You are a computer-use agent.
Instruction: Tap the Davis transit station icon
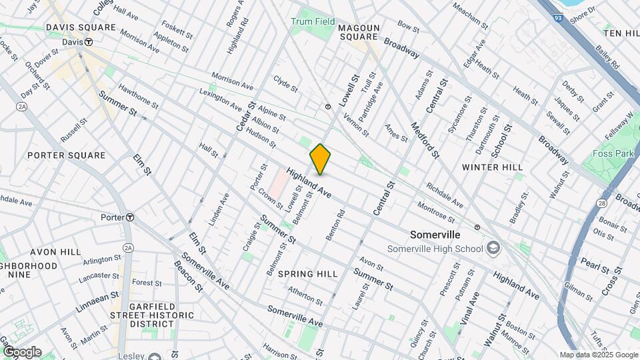(88, 42)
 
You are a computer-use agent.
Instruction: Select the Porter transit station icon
(131, 217)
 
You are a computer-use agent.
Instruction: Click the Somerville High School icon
(493, 249)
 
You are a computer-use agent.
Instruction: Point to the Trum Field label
(313, 21)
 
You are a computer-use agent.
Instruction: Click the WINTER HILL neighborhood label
(492, 167)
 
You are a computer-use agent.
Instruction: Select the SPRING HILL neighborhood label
(307, 274)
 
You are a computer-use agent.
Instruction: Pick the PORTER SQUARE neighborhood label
(67, 155)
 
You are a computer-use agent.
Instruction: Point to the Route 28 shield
(602, 202)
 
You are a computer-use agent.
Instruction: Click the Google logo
(21, 351)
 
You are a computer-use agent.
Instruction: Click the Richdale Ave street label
(445, 195)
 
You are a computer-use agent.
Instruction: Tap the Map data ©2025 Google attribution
(598, 355)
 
